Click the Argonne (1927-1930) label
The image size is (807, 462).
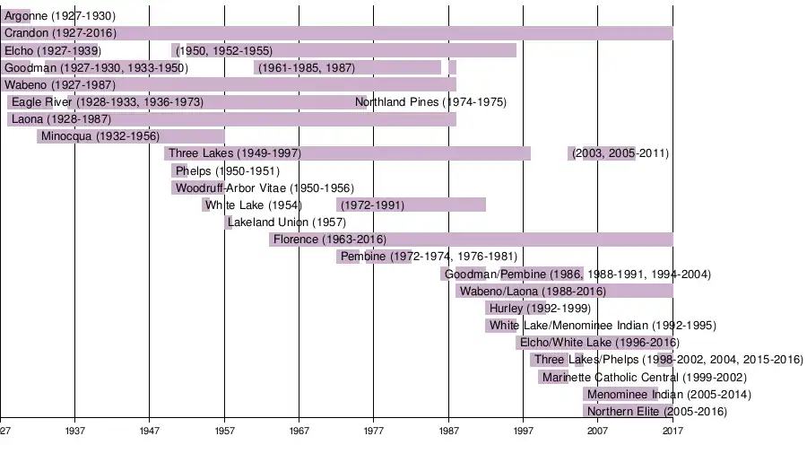(x=60, y=16)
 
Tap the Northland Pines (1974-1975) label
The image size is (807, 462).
(x=430, y=102)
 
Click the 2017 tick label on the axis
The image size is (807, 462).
(x=672, y=431)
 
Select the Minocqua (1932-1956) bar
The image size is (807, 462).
(x=130, y=136)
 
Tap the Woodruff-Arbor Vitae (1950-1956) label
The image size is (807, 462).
(x=265, y=188)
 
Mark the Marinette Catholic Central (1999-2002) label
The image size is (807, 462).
(x=644, y=378)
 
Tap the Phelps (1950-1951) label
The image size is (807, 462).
(x=228, y=171)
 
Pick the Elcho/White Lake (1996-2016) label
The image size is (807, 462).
(x=600, y=343)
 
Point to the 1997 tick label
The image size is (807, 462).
(x=523, y=431)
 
